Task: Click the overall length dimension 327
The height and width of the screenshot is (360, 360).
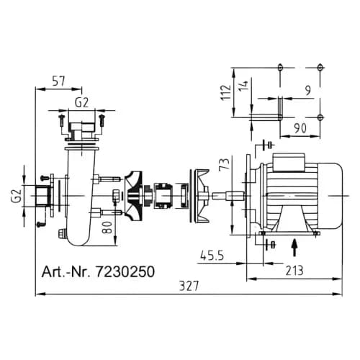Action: pos(189,286)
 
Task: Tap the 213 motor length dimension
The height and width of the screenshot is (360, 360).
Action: pos(294,271)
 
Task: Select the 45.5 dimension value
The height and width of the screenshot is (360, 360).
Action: pos(212,256)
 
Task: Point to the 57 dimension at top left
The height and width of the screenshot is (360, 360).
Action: pos(59,81)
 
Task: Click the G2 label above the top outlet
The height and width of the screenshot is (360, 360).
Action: pos(81,102)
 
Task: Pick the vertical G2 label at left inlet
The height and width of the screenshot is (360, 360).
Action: pos(17,196)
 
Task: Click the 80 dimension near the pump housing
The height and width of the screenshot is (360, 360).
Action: pos(107,228)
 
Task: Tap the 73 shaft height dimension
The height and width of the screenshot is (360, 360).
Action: pos(225,164)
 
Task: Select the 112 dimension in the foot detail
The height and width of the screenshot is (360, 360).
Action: pos(226,92)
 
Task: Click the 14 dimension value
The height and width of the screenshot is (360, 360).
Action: pos(243,86)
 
